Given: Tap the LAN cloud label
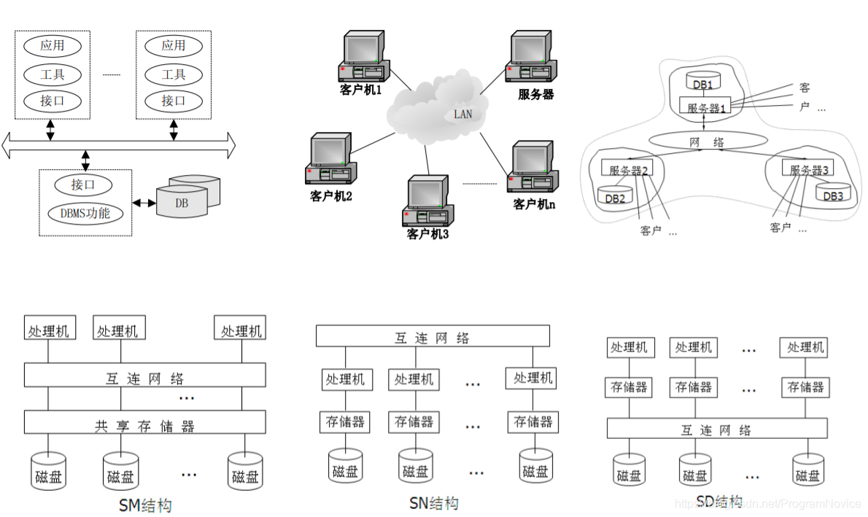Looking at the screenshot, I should point(462,114).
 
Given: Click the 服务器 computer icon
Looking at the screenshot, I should point(531,58).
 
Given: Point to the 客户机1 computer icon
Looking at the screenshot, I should point(363,58).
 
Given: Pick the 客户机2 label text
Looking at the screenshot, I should point(331,196).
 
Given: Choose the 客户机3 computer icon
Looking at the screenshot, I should point(427,202).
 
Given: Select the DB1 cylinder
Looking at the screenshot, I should point(702,82).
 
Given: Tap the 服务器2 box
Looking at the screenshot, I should point(624,170).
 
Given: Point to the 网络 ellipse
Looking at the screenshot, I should point(707,142).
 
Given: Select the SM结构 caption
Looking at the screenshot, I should point(144,505).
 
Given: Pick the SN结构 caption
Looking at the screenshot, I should point(434,502).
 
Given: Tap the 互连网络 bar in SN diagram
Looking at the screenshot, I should point(432,337).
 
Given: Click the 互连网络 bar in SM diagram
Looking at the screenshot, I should point(144,377).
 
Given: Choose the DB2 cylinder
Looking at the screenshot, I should point(614,195).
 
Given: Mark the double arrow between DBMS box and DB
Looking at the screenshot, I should point(144,203).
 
